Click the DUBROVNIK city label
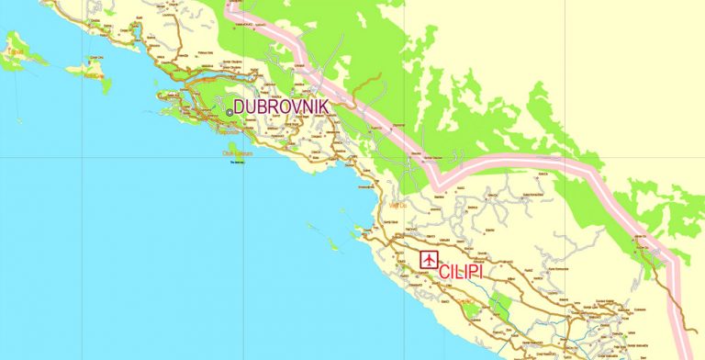281,107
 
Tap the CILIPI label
474,273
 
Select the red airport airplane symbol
429,260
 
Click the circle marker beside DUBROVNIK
229,112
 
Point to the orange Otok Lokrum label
237,153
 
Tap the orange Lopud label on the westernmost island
14,52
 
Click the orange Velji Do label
398,206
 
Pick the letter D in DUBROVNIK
241,107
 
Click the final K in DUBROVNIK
323,107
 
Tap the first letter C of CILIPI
445,273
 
